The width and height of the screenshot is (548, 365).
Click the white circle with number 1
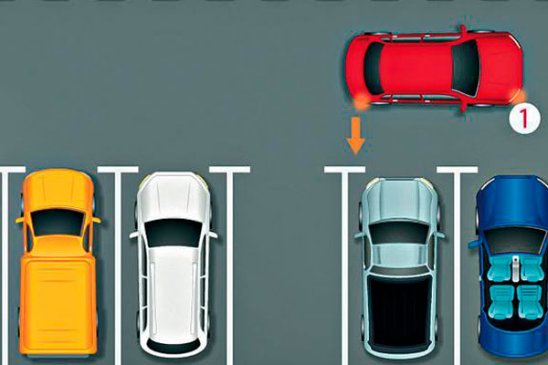coord(524,119)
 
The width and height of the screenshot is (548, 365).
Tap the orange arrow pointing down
coord(356,135)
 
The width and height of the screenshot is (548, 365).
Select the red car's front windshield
coord(465,68)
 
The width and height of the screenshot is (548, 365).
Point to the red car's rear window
coord(373,68)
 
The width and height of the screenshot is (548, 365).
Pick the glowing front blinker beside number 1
coord(519,96)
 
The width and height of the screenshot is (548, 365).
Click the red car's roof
coord(416,68)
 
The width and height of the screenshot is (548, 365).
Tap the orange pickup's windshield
coord(58,223)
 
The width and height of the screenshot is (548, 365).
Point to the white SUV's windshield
coord(174,233)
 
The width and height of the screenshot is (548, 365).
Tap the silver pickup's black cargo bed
coord(399,308)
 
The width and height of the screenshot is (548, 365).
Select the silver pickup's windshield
coord(399,234)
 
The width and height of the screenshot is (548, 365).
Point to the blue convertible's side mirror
coord(474,243)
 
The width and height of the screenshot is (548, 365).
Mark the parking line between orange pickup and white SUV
coord(118,266)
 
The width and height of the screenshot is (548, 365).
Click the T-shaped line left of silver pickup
coord(345,266)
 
